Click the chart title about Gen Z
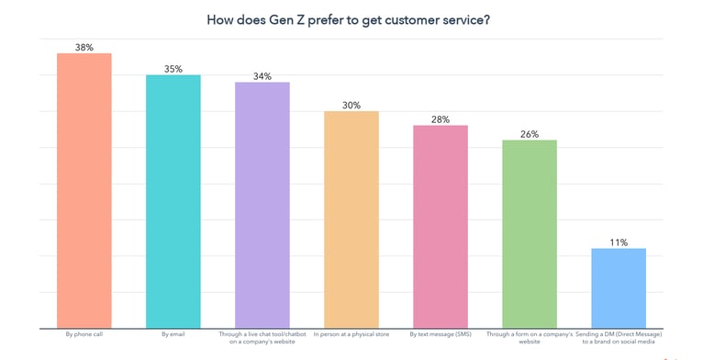348,19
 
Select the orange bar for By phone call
84,190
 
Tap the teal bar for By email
173,201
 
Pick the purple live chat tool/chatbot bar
262,205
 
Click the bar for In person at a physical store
351,219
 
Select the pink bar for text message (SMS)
441,227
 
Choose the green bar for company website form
530,234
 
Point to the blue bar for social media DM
619,288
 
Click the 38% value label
84,48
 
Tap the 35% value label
173,69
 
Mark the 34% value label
262,76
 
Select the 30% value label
351,106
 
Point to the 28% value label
441,119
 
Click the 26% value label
530,134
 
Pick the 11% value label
619,242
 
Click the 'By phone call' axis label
84,334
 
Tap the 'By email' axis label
173,334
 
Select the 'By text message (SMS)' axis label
441,334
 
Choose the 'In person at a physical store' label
351,334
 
